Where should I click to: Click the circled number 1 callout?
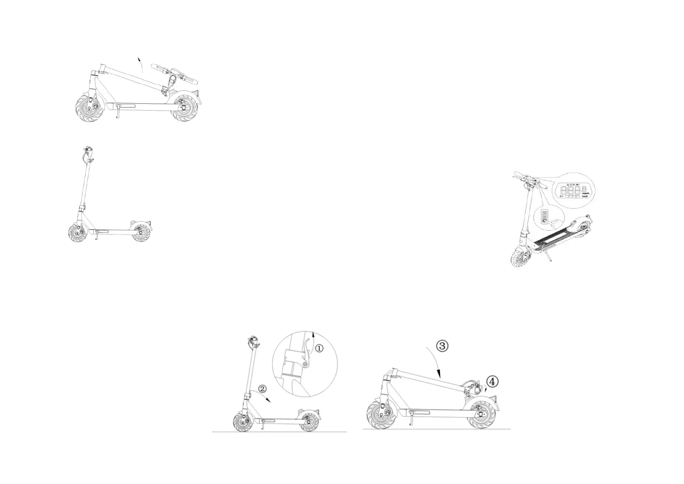coord(319,348)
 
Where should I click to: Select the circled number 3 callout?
coord(442,346)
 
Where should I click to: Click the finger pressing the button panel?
coord(555,221)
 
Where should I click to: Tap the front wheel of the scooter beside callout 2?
coord(243,421)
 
